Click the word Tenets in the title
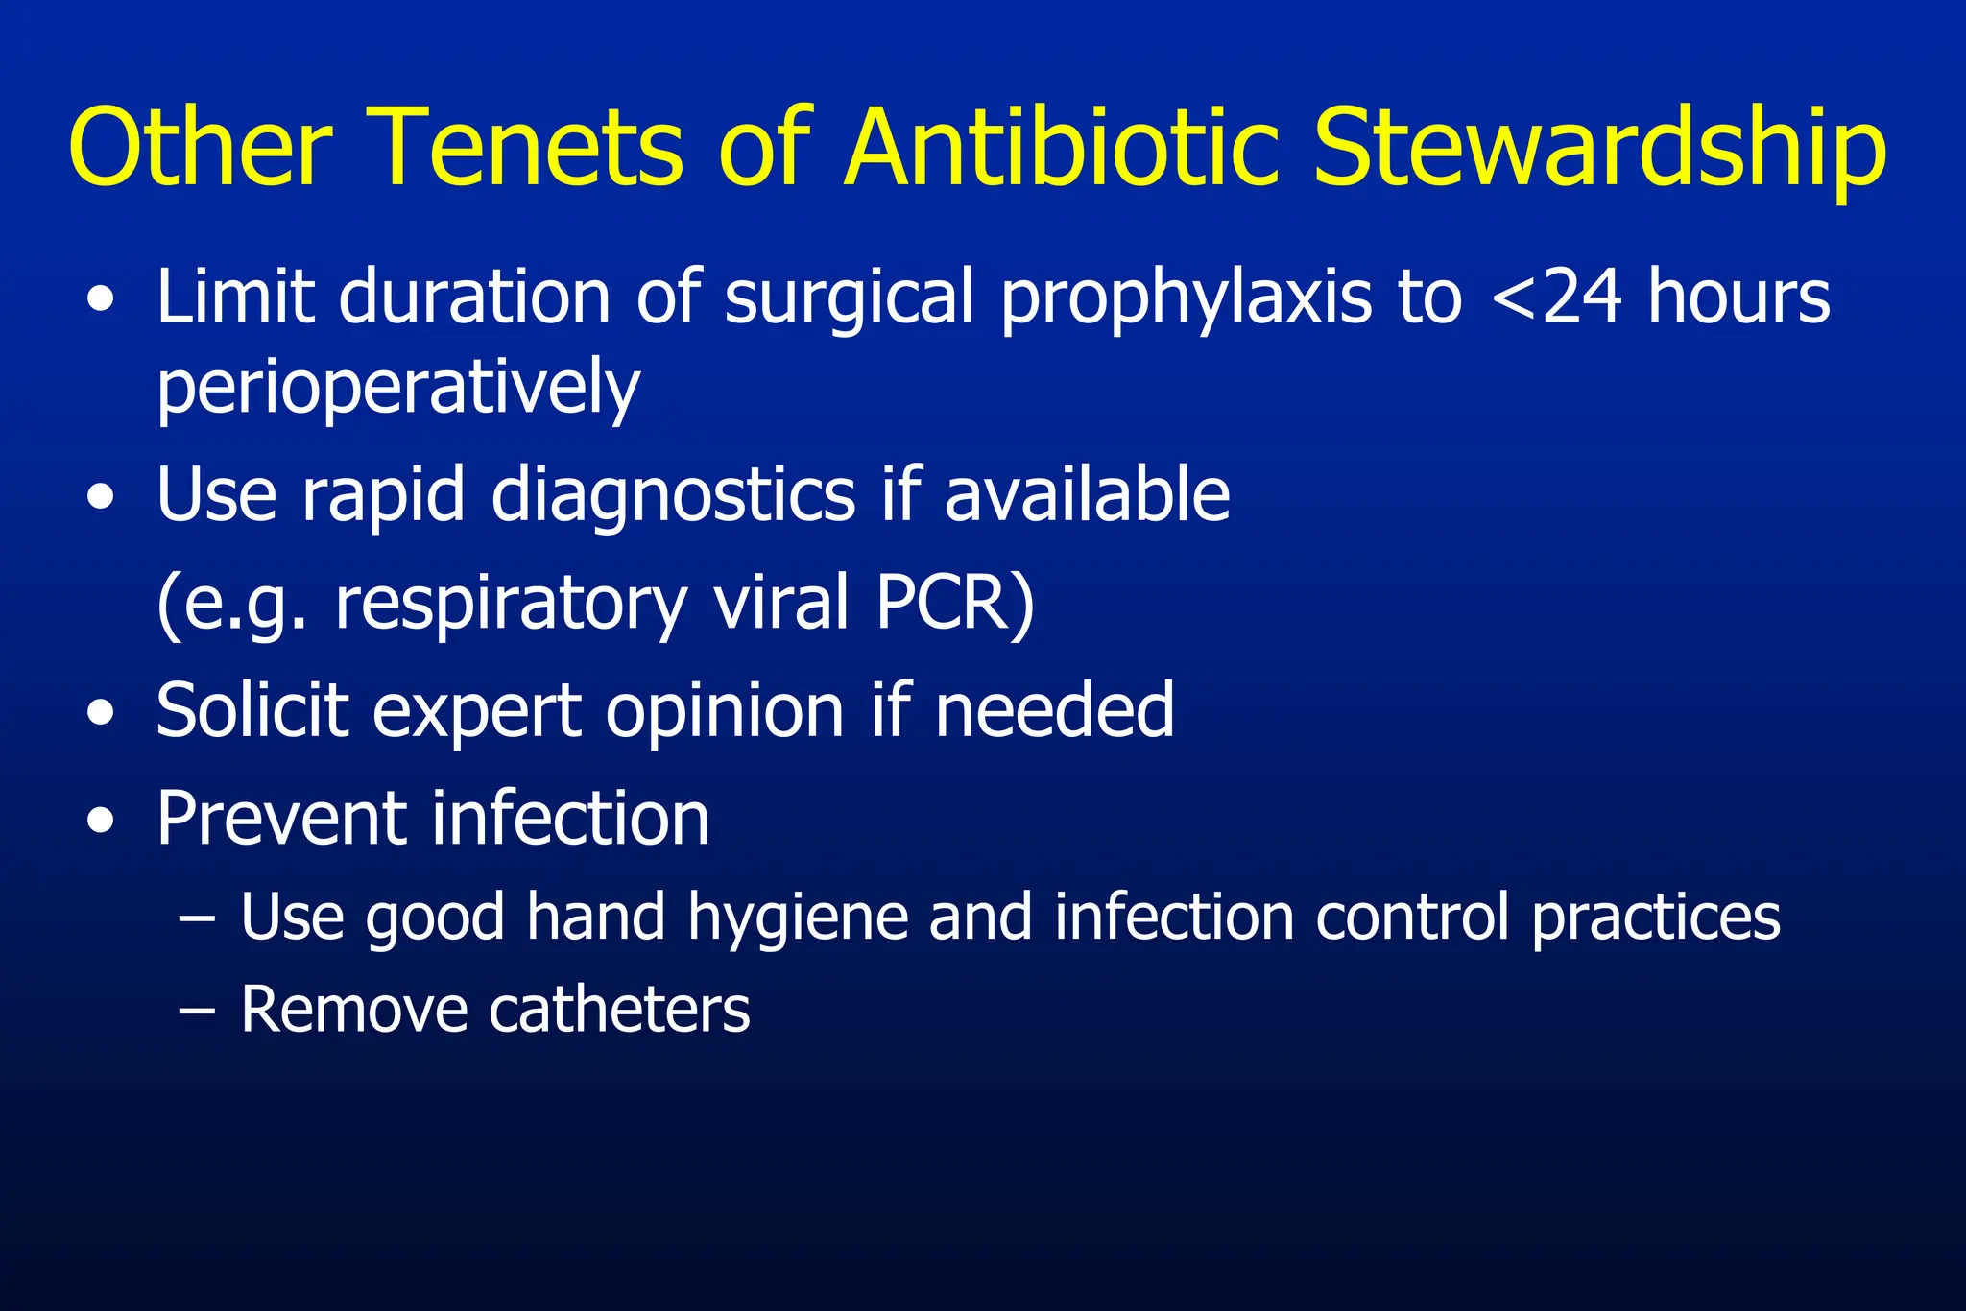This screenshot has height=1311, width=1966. [x=526, y=149]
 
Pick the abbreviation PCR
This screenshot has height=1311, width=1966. [x=954, y=603]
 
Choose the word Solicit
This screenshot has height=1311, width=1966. [x=252, y=711]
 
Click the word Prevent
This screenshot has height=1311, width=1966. [x=281, y=819]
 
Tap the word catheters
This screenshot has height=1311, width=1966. [x=619, y=1010]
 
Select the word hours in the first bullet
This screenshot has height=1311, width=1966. [x=1738, y=298]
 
